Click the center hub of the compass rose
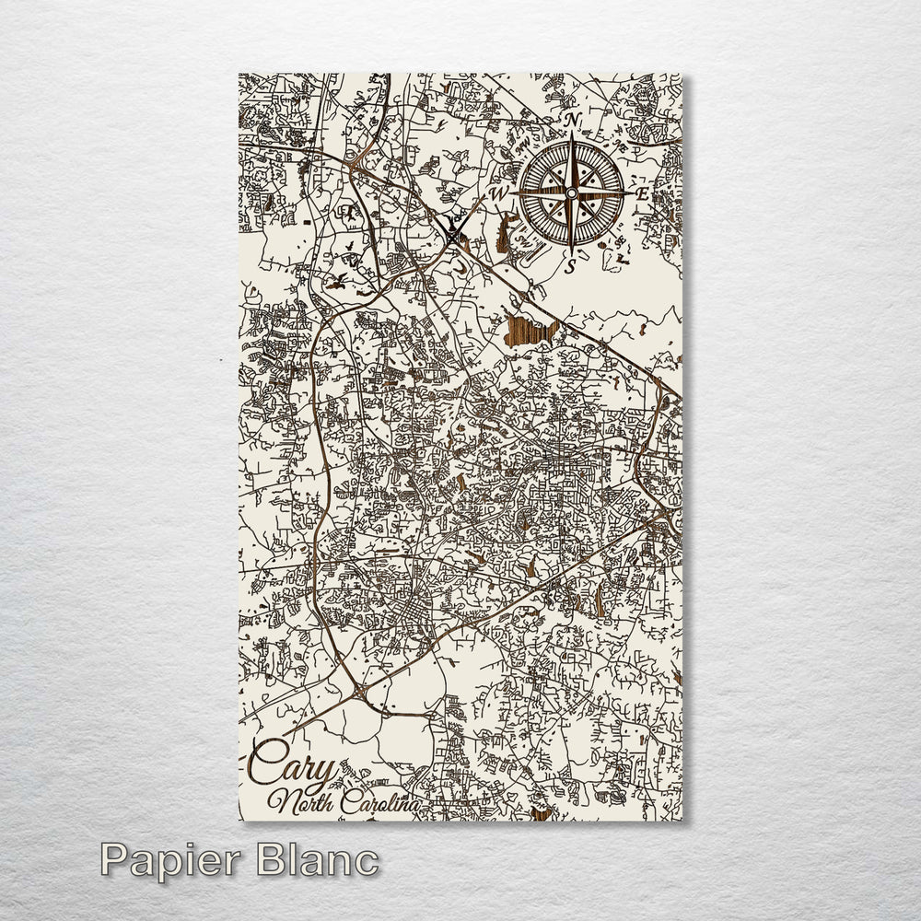coord(572,193)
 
